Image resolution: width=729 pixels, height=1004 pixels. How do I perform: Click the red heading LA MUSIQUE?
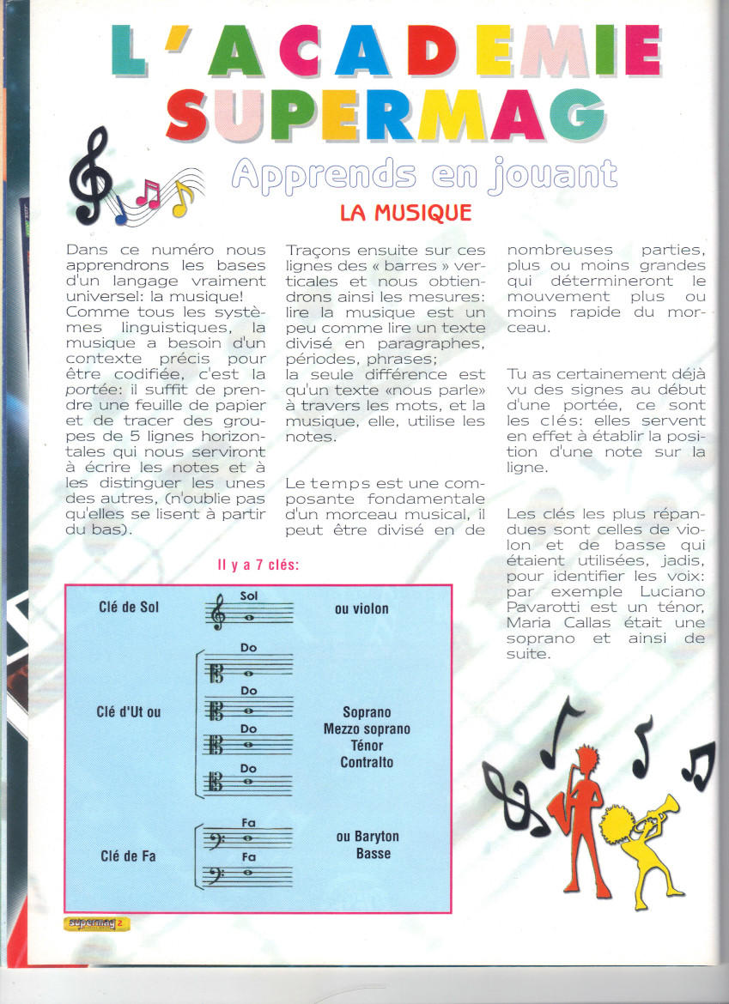(406, 212)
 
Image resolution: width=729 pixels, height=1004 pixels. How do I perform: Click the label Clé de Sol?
(129, 608)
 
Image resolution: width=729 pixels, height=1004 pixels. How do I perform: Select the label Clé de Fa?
(128, 856)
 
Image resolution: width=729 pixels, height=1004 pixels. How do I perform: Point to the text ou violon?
(361, 608)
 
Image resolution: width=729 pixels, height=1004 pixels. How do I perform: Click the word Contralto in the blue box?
(367, 762)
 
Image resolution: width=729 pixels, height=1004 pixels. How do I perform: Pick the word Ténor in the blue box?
(367, 746)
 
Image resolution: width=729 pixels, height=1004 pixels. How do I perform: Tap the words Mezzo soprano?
(367, 729)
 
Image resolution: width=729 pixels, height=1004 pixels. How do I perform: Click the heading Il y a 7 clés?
(258, 566)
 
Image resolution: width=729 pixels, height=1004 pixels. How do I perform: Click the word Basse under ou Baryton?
(374, 853)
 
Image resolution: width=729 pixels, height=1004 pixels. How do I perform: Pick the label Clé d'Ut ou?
(130, 711)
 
